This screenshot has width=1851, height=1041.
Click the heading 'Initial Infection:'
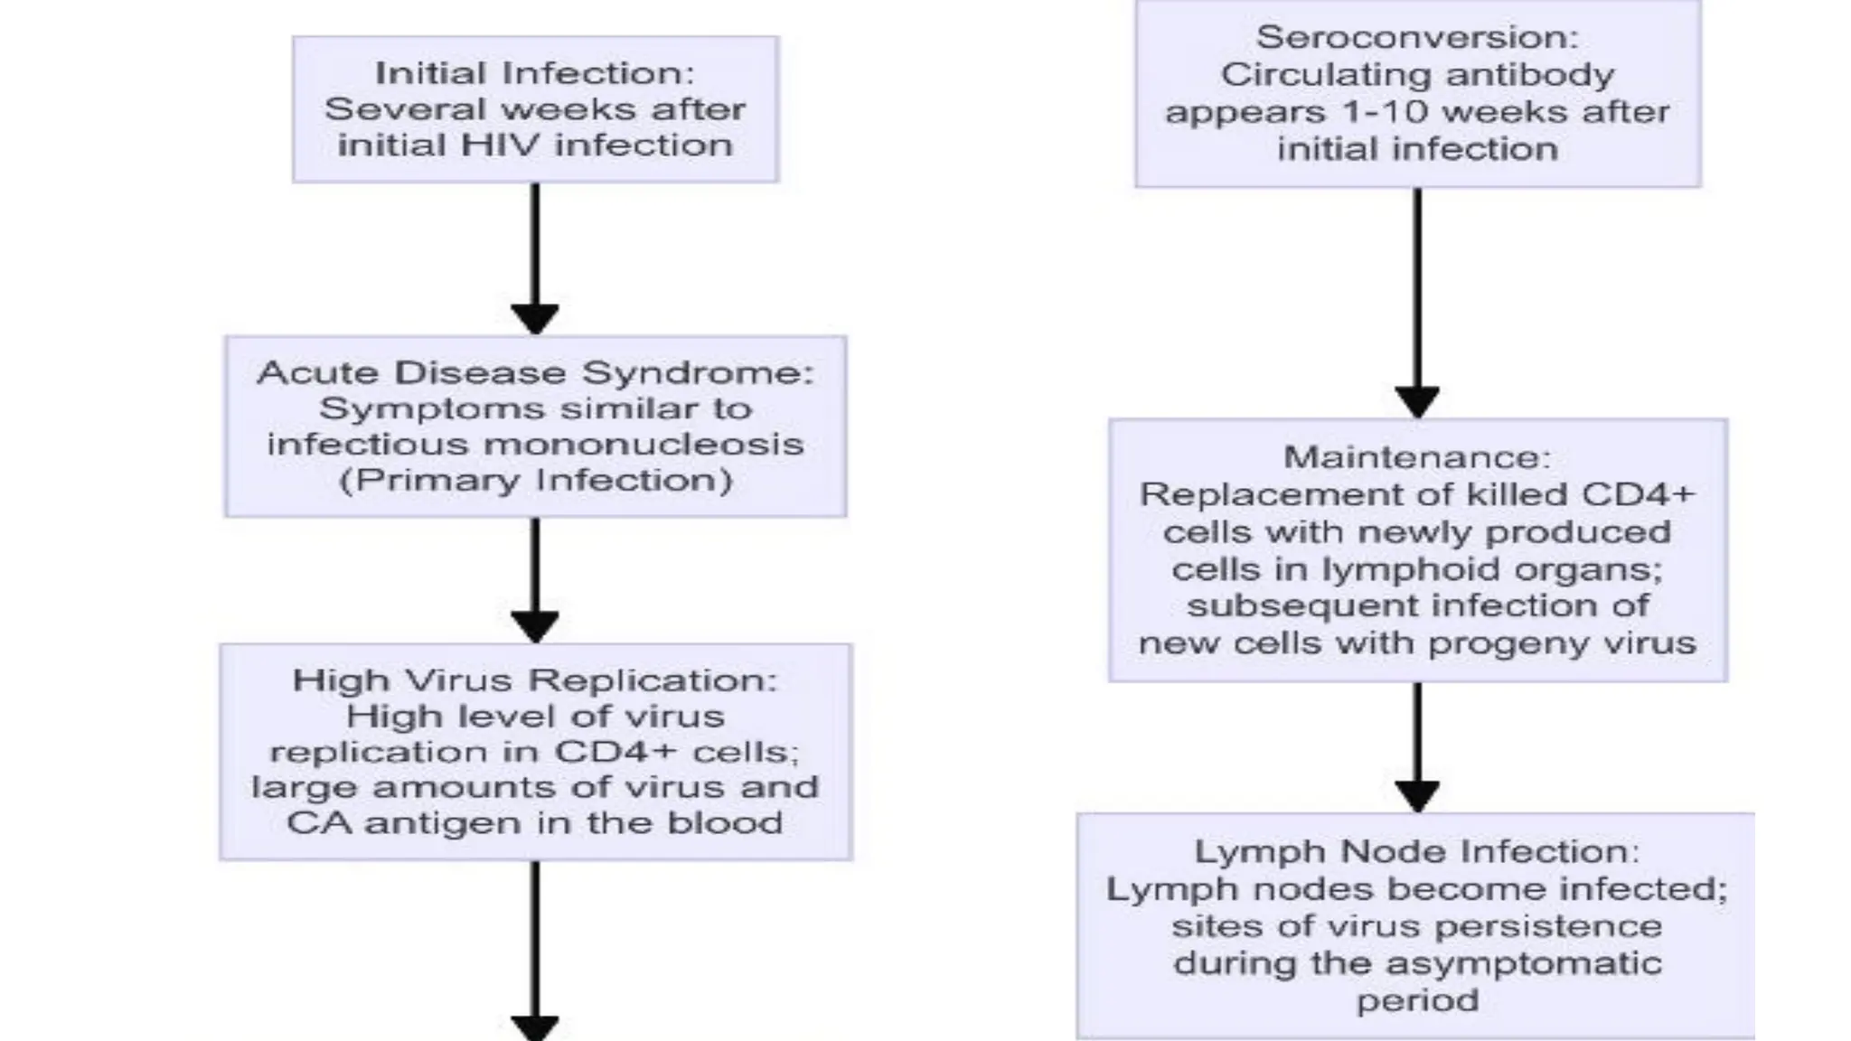[534, 73]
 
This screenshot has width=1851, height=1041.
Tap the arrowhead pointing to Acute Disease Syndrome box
[535, 319]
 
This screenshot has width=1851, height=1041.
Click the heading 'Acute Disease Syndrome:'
[535, 373]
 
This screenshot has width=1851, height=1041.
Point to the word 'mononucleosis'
[644, 445]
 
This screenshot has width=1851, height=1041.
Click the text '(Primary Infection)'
[535, 480]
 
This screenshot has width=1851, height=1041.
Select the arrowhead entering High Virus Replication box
[535, 626]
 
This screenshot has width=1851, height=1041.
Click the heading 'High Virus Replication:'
[535, 680]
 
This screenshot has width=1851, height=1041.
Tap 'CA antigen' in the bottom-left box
[372, 823]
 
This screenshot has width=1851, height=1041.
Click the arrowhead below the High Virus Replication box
[535, 1028]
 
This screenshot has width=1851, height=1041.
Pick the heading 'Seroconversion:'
[1417, 37]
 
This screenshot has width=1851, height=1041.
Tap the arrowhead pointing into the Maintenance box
[1417, 402]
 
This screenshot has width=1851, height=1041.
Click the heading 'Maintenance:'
[1417, 457]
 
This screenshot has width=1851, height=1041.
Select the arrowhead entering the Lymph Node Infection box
[1417, 796]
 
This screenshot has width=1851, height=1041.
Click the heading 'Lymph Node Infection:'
[1417, 851]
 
